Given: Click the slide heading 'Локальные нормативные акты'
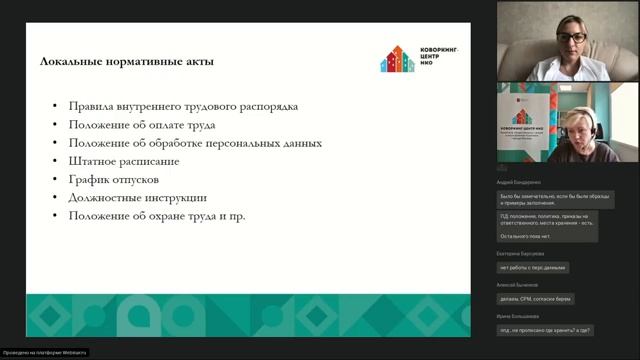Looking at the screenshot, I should coord(126,62).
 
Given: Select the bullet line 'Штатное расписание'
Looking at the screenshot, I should coord(124,161).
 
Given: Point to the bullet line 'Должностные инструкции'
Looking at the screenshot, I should coord(138,198).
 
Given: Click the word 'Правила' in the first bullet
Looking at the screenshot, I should coord(92,106).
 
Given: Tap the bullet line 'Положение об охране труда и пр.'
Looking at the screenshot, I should coord(157,216).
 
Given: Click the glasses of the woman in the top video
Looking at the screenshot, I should coord(571,38).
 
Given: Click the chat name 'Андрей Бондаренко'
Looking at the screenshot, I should coord(519,183).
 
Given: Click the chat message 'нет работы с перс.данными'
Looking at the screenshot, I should coord(533,268).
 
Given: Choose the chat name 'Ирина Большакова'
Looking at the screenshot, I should coord(518,316).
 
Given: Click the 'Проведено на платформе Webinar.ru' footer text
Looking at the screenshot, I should coord(44,353).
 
